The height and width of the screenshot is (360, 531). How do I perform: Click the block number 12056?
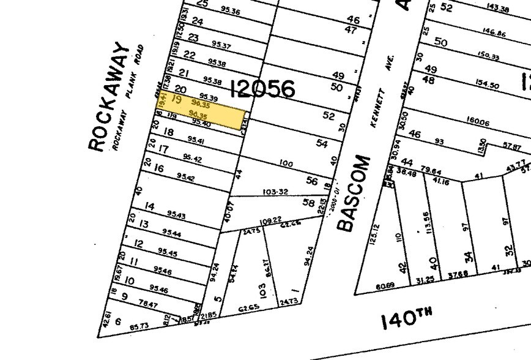(x=262, y=90)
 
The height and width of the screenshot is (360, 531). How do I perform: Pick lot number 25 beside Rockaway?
(x=202, y=4)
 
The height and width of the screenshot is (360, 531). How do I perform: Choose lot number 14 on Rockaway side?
(x=149, y=206)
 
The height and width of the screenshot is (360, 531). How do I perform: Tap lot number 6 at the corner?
(x=117, y=321)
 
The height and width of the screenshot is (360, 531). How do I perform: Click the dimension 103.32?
(x=275, y=192)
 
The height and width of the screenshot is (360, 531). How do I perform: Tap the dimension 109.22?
(x=270, y=220)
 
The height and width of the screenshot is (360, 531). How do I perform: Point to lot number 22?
(x=189, y=56)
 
